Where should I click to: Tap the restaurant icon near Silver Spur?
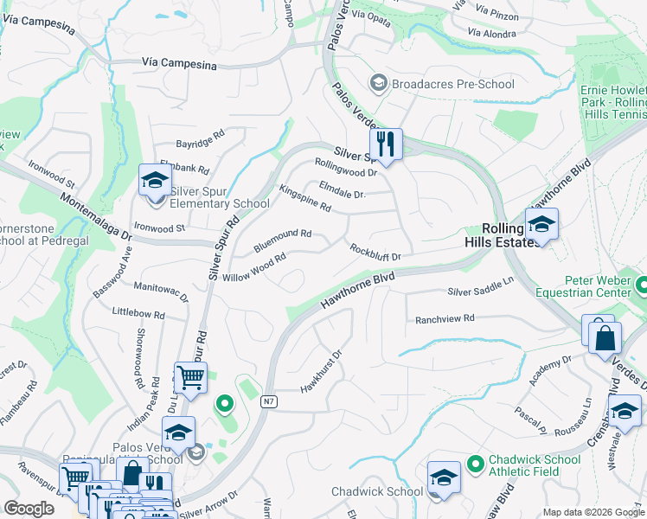tap(386, 143)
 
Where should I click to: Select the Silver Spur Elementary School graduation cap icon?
tap(155, 180)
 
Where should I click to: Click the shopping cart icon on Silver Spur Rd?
tap(190, 376)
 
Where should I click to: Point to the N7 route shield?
tap(270, 400)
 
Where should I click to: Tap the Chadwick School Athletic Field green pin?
tap(475, 464)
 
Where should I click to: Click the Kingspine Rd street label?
tap(304, 199)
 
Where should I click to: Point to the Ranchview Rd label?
tap(445, 318)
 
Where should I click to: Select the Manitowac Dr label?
tap(160, 290)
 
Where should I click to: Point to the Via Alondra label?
tap(490, 32)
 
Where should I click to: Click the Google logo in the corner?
tap(29, 509)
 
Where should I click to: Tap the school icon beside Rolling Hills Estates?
tap(541, 224)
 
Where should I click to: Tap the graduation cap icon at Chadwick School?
tap(444, 477)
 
